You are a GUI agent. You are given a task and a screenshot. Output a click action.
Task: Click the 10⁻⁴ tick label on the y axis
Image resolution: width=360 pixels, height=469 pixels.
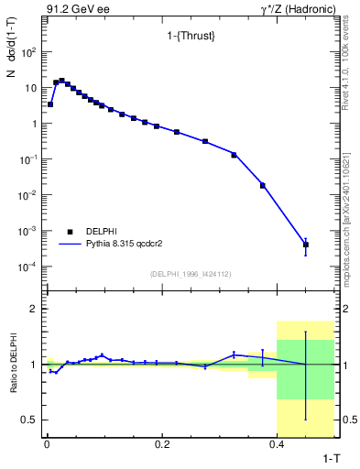click(27, 267)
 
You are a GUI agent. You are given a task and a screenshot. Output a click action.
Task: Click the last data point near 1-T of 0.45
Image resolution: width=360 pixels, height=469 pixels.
click(306, 245)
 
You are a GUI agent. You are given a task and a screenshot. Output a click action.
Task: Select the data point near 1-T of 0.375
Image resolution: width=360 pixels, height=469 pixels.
click(263, 185)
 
